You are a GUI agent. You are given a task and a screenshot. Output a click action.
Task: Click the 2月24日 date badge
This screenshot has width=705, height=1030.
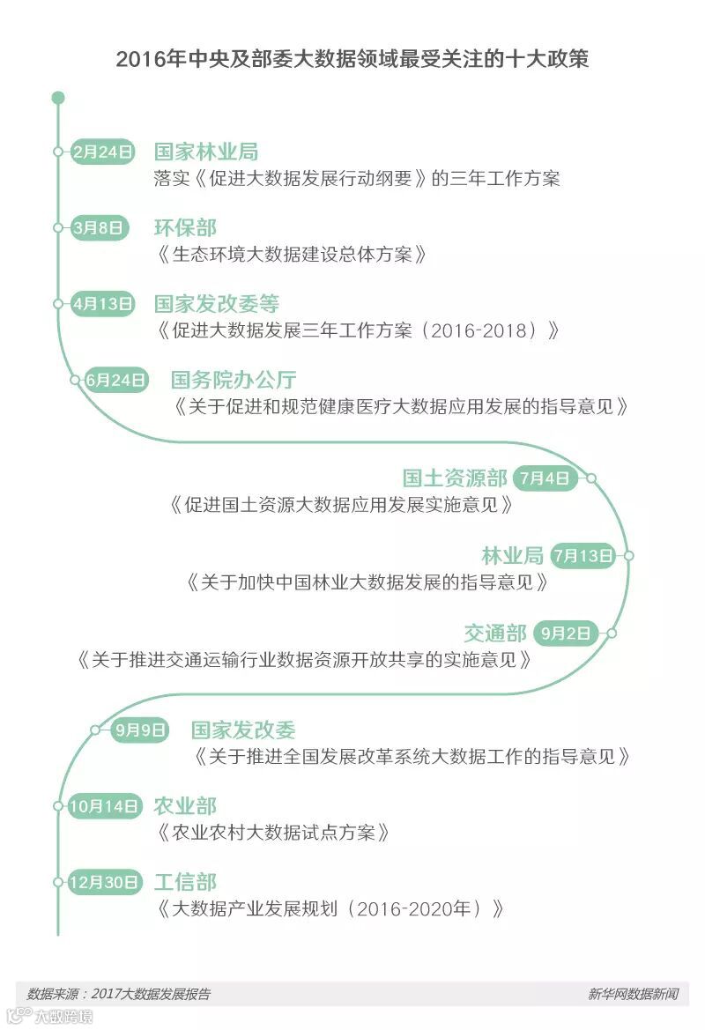pos(103,152)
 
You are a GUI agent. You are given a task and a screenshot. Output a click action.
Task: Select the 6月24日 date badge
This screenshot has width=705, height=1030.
pos(115,380)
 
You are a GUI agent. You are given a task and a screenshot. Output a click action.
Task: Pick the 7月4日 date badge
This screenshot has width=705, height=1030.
pos(545,478)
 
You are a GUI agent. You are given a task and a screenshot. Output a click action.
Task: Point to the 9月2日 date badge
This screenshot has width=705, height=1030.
pos(565,632)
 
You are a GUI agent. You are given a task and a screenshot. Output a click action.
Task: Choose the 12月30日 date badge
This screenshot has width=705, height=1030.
pos(105,882)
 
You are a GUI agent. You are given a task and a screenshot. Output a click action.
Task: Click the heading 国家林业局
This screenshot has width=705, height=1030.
pos(205,152)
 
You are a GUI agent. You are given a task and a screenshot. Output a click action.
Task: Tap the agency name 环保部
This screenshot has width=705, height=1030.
pos(184,227)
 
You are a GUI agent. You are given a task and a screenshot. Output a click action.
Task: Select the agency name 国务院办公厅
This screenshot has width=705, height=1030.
pos(234,380)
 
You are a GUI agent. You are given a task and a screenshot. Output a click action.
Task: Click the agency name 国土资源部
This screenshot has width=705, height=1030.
pos(455,478)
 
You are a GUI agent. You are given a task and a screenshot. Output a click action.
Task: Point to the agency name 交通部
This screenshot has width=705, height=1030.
pos(495,633)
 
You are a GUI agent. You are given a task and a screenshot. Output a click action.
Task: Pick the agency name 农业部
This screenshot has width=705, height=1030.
pos(184,806)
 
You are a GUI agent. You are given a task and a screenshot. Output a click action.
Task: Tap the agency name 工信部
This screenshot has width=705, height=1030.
pos(184,882)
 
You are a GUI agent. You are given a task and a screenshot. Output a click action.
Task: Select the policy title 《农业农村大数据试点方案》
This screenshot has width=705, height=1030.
pos(273,833)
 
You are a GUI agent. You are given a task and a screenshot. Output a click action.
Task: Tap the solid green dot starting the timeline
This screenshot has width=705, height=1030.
pos(58,97)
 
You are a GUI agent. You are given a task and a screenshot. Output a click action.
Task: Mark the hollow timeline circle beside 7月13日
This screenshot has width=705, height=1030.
pos(628,555)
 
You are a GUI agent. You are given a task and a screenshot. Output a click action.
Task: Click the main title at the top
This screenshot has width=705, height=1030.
pos(352,59)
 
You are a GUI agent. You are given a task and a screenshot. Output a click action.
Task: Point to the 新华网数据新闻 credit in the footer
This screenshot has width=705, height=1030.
pos(633,994)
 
